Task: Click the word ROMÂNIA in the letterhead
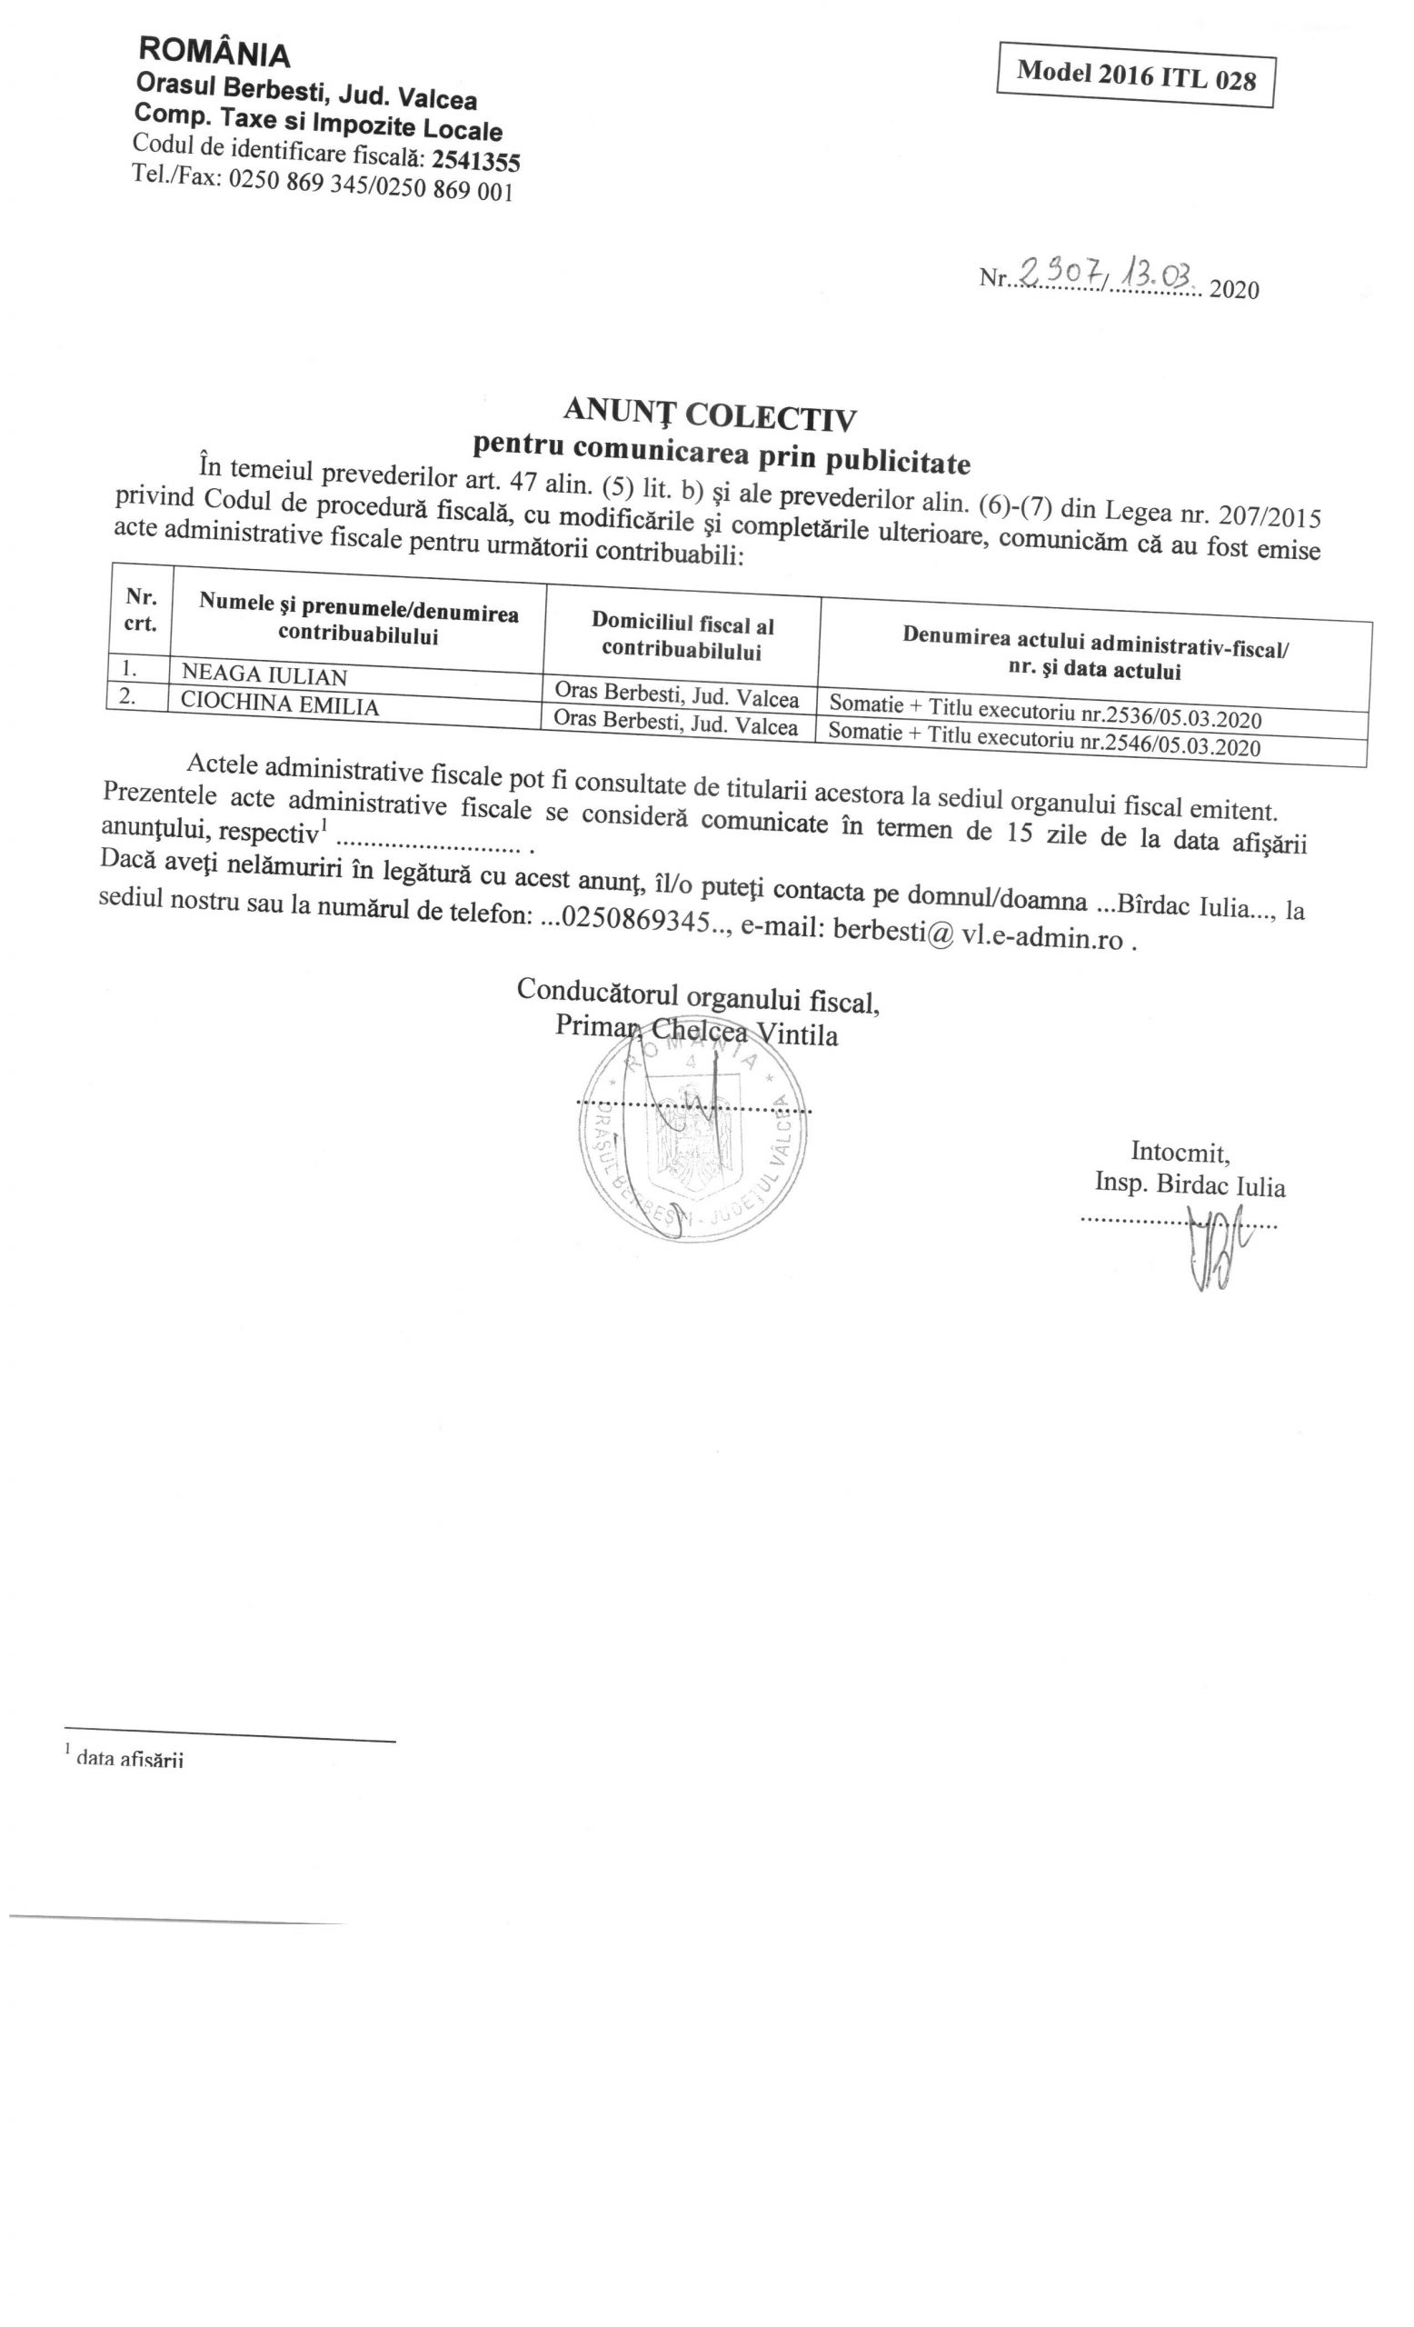pyautogui.click(x=214, y=53)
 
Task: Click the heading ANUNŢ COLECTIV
pyautogui.click(x=709, y=414)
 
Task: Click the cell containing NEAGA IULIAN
pyautogui.click(x=264, y=675)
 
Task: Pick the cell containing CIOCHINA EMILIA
pyautogui.click(x=279, y=704)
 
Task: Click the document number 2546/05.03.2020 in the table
pyautogui.click(x=1170, y=745)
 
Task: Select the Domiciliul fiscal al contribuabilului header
pyautogui.click(x=682, y=636)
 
